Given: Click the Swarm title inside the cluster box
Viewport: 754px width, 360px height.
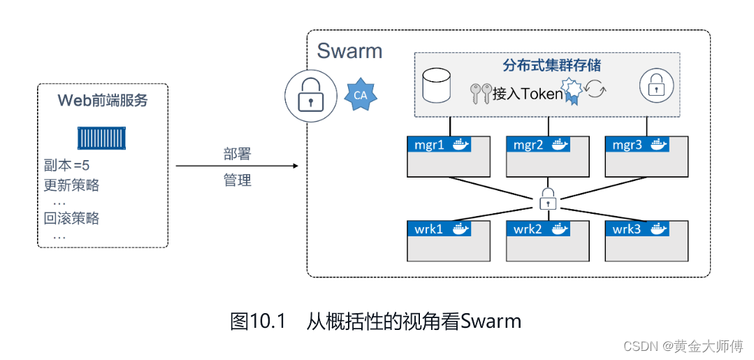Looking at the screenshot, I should tap(349, 51).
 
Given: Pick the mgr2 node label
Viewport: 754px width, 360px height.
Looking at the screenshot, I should tap(528, 145).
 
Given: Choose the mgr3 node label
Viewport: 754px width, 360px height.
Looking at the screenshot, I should tap(627, 145).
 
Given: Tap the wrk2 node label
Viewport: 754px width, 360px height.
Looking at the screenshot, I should tap(528, 229).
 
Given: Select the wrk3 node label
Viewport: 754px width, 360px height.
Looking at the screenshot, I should tap(627, 229).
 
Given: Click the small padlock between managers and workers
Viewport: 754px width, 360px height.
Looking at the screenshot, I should tap(548, 199).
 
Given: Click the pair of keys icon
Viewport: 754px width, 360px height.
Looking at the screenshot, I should tap(481, 94).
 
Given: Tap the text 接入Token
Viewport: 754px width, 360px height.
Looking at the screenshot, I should tap(528, 94).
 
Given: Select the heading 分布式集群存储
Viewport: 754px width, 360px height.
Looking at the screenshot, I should tap(552, 66).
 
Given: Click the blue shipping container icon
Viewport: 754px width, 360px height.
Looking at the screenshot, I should tap(102, 137).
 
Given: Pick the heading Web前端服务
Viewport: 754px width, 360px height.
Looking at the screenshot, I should tap(102, 100).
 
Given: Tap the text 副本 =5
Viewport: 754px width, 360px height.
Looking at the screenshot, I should tap(66, 166).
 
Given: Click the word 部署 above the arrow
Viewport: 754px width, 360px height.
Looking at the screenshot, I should tap(237, 154).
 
